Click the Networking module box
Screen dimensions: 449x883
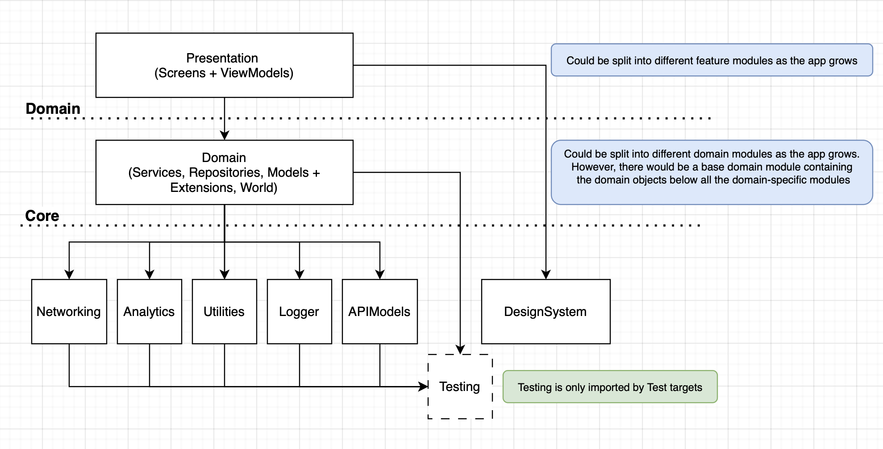[69, 312]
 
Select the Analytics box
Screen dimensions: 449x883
[149, 312]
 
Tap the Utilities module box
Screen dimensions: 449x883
[224, 312]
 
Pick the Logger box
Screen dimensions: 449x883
[299, 312]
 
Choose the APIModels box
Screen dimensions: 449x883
[379, 312]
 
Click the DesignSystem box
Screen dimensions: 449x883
[546, 312]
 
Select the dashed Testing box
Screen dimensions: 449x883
[460, 387]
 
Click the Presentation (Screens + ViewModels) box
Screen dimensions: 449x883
[224, 65]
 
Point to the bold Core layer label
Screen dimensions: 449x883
[42, 216]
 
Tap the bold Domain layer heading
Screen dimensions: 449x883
[53, 108]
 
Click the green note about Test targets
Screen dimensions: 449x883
[610, 387]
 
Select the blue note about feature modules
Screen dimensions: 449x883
[712, 60]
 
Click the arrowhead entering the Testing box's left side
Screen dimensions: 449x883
[423, 387]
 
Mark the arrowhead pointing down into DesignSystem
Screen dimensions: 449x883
[546, 274]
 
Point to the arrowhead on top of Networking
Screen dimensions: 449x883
[69, 274]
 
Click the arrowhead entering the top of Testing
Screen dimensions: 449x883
[460, 349]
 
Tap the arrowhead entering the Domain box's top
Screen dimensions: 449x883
[225, 135]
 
